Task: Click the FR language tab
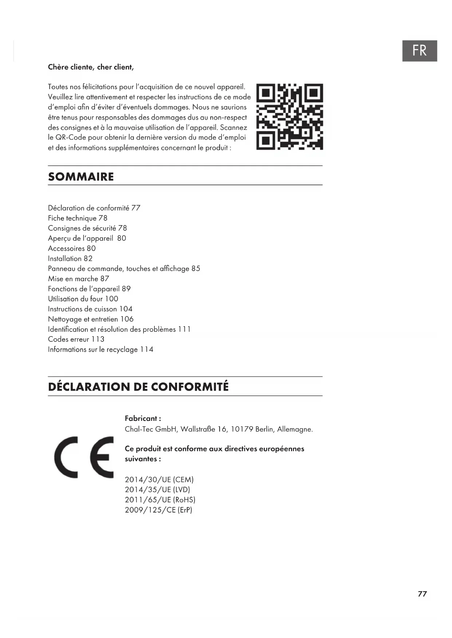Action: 419,51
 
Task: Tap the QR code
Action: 290,117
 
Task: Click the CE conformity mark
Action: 84,457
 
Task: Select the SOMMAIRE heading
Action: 81,177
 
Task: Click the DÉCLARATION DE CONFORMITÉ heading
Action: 138,387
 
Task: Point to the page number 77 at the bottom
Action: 422,594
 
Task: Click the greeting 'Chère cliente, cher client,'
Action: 91,67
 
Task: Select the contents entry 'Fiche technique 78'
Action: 78,218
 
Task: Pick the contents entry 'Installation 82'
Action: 70,259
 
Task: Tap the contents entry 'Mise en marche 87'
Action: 79,279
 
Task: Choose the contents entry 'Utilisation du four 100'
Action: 83,299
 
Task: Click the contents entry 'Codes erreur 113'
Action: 76,339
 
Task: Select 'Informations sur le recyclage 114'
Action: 101,350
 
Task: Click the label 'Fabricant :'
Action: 143,418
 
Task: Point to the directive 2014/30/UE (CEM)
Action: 159,479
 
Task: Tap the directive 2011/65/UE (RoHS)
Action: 160,500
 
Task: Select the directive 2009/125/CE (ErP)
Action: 158,510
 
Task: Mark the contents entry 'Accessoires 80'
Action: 72,248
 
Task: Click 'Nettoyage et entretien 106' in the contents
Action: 91,319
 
